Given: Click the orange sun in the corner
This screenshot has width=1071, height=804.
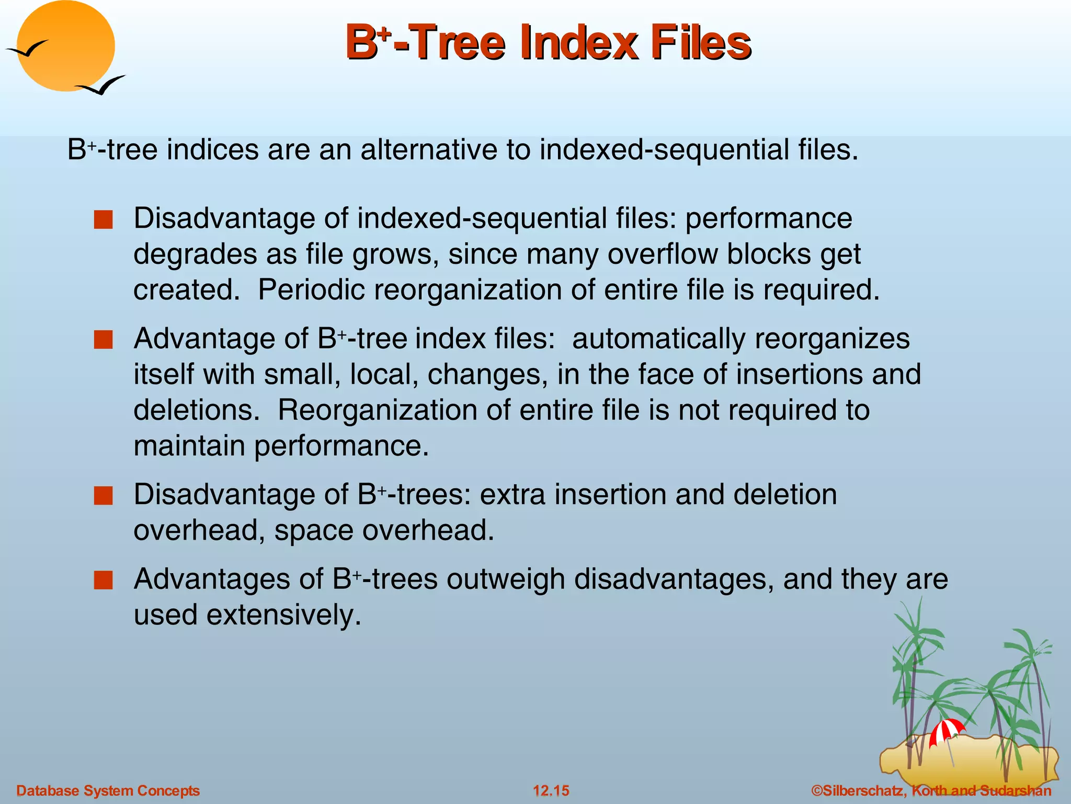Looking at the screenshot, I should (x=65, y=46).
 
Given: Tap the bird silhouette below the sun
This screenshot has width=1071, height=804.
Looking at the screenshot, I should (x=102, y=86).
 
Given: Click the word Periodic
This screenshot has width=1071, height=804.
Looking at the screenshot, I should (x=311, y=290).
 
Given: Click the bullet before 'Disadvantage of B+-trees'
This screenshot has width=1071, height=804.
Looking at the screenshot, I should (x=103, y=496).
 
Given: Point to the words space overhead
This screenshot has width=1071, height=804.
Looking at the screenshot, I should (x=384, y=531).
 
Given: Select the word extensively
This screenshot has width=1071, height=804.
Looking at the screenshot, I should (x=283, y=615).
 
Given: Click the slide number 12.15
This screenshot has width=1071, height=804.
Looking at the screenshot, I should (x=551, y=790).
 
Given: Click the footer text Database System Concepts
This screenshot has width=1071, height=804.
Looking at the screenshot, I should (x=108, y=790).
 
